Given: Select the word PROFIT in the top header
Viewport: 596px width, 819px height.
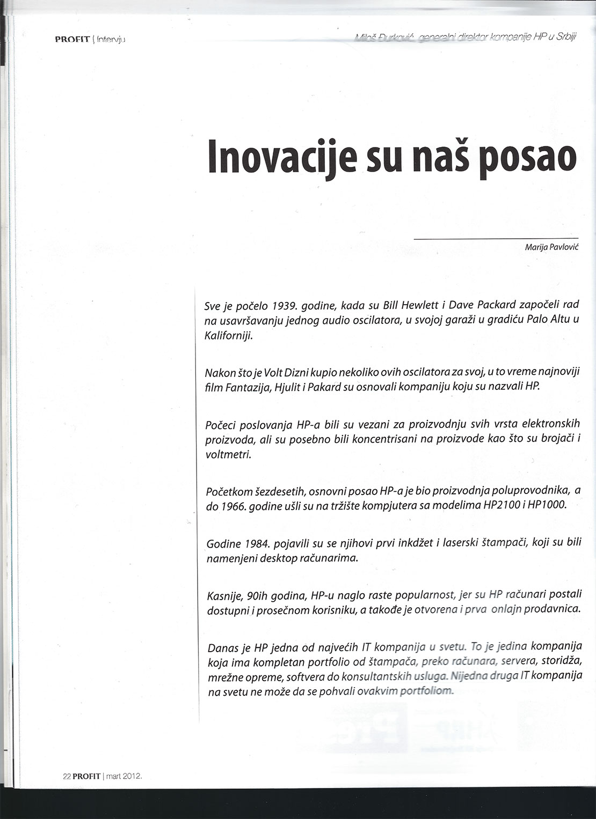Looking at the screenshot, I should pos(72,39).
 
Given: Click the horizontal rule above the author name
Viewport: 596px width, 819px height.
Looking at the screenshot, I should pos(496,238).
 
